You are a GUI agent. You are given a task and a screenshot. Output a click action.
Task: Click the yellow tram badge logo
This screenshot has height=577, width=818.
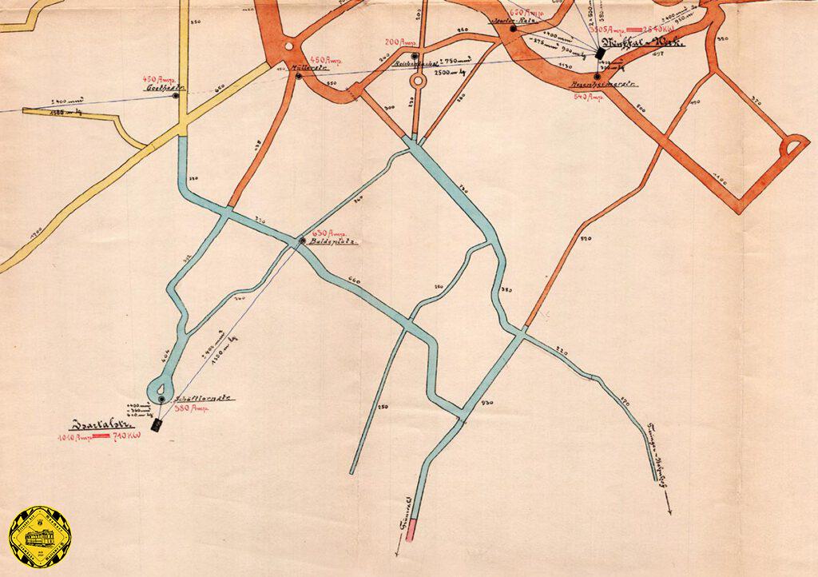coord(40,537)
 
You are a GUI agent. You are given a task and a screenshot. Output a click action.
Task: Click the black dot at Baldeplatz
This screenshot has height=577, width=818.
coord(302,241)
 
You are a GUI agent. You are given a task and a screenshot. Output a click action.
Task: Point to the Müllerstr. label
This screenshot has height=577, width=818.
coord(305,67)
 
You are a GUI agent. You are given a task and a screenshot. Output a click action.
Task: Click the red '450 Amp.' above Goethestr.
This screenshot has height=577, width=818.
coord(158,79)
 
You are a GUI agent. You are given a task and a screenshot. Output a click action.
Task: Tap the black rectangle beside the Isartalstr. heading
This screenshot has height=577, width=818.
coord(157,425)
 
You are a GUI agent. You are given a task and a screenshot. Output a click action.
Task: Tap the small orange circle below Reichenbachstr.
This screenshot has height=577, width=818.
coord(417,81)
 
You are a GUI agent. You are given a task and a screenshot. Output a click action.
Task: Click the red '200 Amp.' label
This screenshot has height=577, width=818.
coord(399,42)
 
